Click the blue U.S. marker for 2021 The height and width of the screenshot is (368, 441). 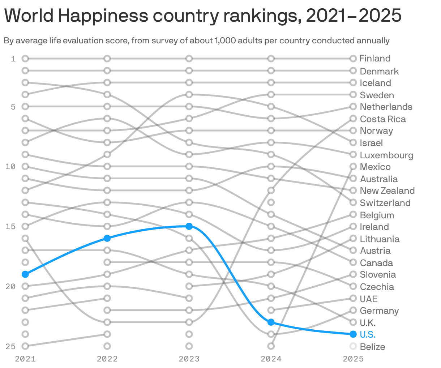25,274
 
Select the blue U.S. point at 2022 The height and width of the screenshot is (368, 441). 107,238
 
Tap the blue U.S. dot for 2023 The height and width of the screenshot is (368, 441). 189,226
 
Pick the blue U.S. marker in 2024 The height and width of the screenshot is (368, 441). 271,322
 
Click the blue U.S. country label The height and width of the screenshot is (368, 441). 368,334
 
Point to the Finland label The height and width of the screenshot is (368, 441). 375,59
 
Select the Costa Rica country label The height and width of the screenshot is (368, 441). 383,119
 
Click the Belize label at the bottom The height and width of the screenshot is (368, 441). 372,347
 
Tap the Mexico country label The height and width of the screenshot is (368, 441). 375,167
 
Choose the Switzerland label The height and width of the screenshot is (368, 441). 385,203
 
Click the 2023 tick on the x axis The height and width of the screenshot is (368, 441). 189,359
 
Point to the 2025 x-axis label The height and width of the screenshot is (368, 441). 353,359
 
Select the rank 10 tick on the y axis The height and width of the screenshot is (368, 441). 10,167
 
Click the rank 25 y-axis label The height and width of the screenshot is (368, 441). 10,346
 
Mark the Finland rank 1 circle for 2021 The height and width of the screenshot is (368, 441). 25,59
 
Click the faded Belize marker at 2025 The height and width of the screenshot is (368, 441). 353,346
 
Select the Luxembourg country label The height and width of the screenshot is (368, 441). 386,155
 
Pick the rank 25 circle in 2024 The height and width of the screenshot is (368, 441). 271,346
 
